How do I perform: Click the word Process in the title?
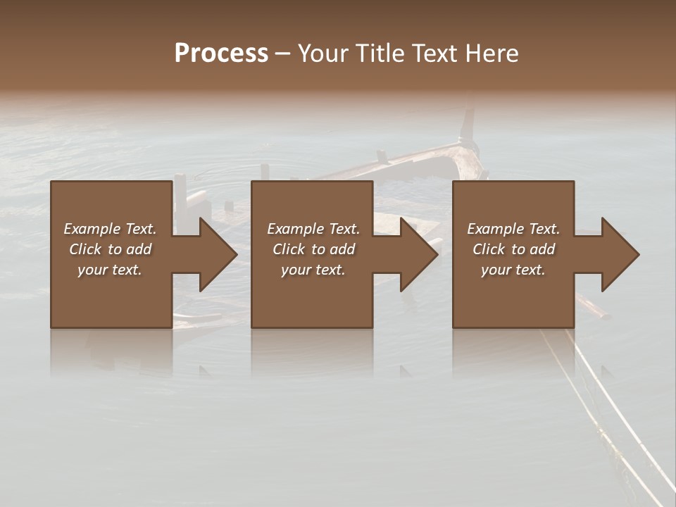(x=221, y=54)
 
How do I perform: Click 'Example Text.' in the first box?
(x=110, y=229)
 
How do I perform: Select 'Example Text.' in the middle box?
(x=313, y=229)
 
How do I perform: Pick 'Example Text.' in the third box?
(x=513, y=229)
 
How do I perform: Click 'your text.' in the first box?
(x=110, y=270)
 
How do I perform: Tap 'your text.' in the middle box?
(x=313, y=270)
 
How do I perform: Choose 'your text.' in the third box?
(x=513, y=270)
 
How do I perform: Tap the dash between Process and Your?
(x=282, y=54)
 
